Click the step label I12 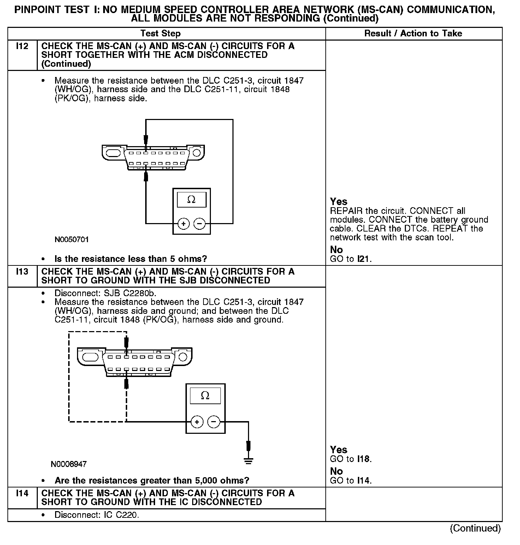[22, 46]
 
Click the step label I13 [22, 272]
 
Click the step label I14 [22, 493]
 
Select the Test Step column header [160, 34]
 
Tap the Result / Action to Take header [413, 34]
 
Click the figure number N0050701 [72, 240]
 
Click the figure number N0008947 [69, 464]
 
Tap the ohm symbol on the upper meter [191, 200]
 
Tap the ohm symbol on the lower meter [205, 396]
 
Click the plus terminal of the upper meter [183, 224]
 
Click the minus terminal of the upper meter [200, 224]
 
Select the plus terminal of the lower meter [197, 422]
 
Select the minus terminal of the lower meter [213, 422]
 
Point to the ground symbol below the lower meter [248, 460]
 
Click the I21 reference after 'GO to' [364, 259]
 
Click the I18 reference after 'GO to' [364, 459]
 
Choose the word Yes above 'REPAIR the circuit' [338, 202]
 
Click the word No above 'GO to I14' [336, 471]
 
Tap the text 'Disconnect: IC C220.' [97, 515]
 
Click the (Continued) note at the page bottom [475, 528]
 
